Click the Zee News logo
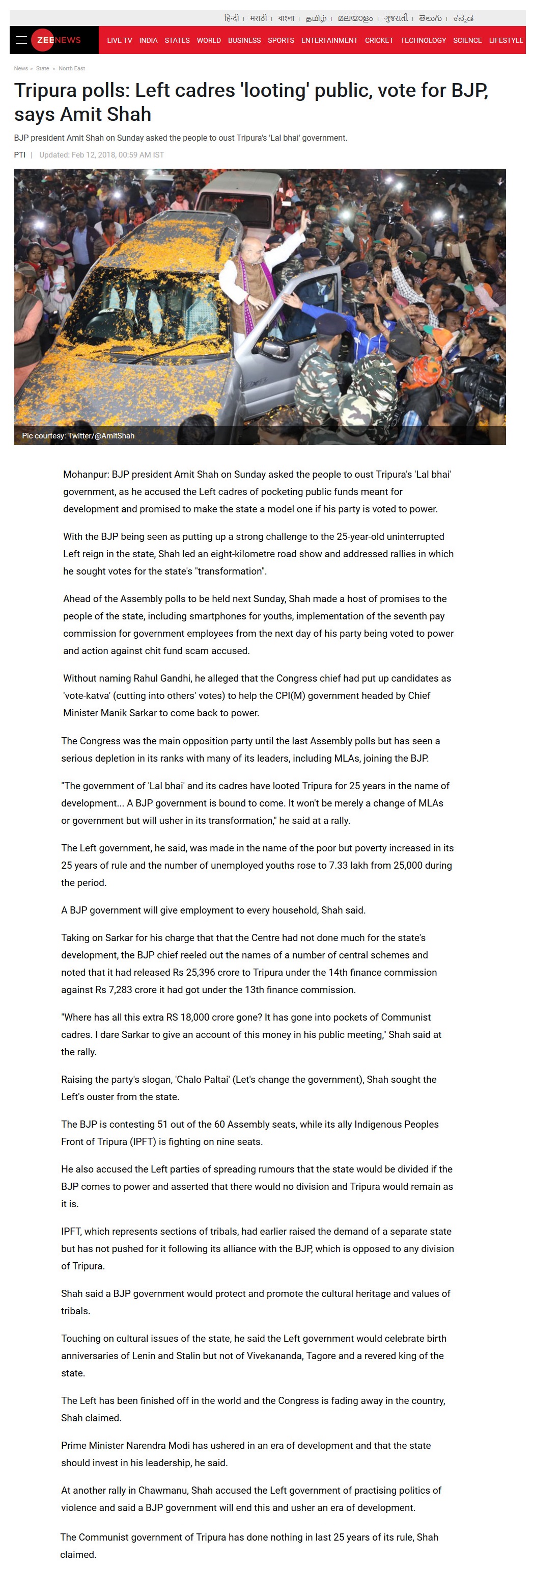tap(57, 40)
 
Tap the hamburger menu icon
tap(21, 40)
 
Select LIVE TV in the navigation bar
tap(119, 41)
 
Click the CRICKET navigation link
tap(378, 41)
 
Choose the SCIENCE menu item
tap(467, 41)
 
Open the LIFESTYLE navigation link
tap(506, 41)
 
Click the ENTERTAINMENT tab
tap(329, 41)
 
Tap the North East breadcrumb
tap(71, 68)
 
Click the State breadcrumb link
tap(43, 68)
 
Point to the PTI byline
tap(20, 155)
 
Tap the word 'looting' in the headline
tap(275, 91)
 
